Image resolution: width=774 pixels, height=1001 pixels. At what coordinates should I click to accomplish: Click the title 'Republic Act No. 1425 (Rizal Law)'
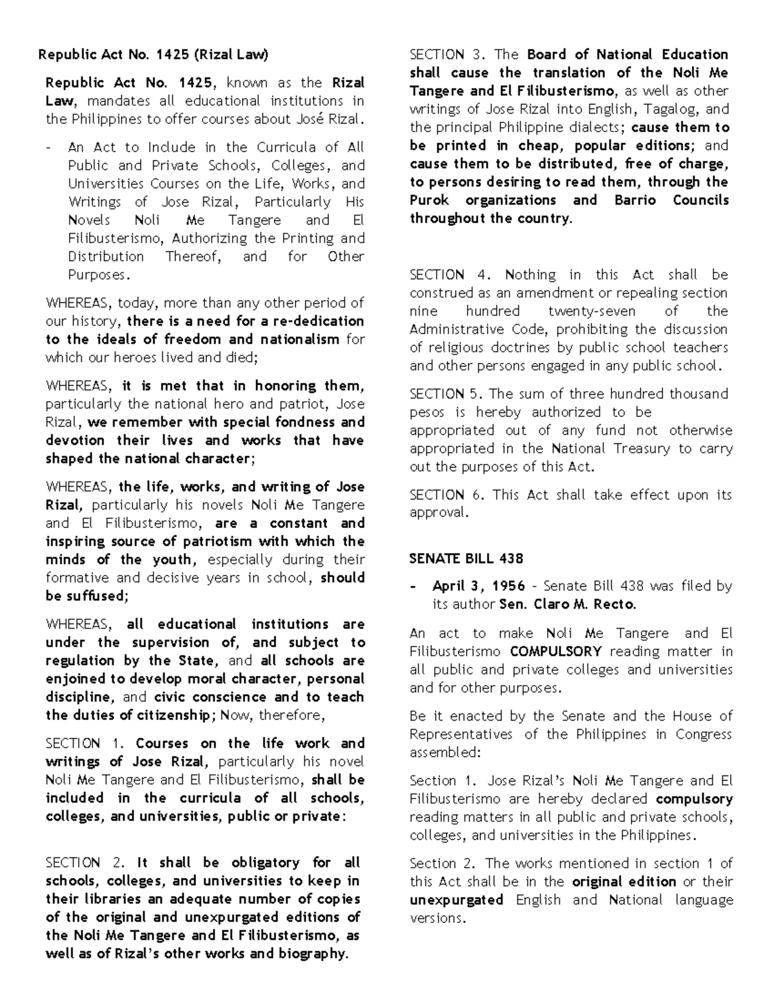point(152,55)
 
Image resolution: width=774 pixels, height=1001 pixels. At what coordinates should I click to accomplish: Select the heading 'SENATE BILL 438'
point(466,558)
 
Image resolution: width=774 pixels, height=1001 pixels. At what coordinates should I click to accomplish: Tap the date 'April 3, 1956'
point(474,587)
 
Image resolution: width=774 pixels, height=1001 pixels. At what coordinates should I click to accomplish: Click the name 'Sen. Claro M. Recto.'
point(568,605)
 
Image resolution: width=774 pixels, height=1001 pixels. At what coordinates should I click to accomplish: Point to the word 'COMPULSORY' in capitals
point(555,652)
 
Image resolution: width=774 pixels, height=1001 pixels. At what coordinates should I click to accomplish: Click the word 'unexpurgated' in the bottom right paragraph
point(456,900)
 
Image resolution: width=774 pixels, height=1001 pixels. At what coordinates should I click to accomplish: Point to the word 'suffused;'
point(97,596)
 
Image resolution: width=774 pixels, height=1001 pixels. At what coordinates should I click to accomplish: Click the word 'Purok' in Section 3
point(429,200)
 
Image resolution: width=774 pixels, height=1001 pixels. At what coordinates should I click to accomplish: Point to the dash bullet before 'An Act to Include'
point(48,148)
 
